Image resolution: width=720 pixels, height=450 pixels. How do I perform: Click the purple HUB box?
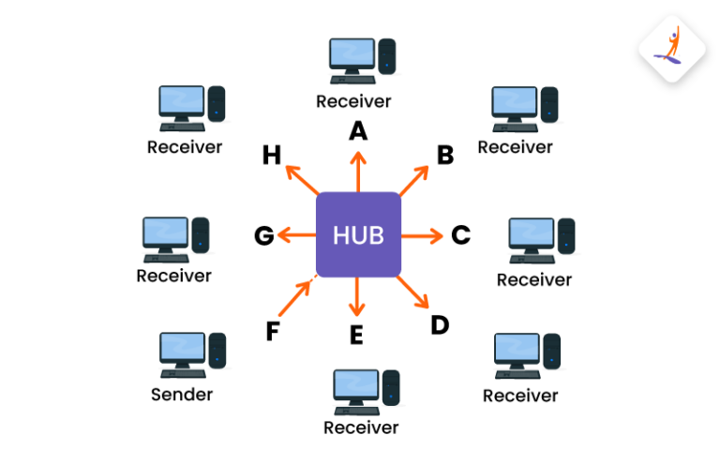358,234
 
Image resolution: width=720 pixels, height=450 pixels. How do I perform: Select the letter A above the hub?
358,131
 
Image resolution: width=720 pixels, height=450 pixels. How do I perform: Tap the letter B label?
444,155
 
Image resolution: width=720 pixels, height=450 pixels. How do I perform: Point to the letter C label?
460,234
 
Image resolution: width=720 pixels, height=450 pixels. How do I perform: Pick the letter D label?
440,324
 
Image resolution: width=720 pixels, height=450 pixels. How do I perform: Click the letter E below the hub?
356,335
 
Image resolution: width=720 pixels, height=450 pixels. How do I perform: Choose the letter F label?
273,332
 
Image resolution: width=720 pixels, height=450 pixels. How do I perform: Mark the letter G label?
264,235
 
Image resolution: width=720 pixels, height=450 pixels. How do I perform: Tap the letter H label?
272,155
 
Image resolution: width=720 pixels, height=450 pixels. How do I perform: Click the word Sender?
182,395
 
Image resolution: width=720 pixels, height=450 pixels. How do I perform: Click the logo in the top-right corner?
672,49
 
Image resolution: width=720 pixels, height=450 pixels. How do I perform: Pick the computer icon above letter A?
361,60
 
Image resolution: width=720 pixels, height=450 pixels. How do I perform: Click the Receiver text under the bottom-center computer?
361,427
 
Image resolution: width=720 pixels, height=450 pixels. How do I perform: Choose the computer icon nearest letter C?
541,241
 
